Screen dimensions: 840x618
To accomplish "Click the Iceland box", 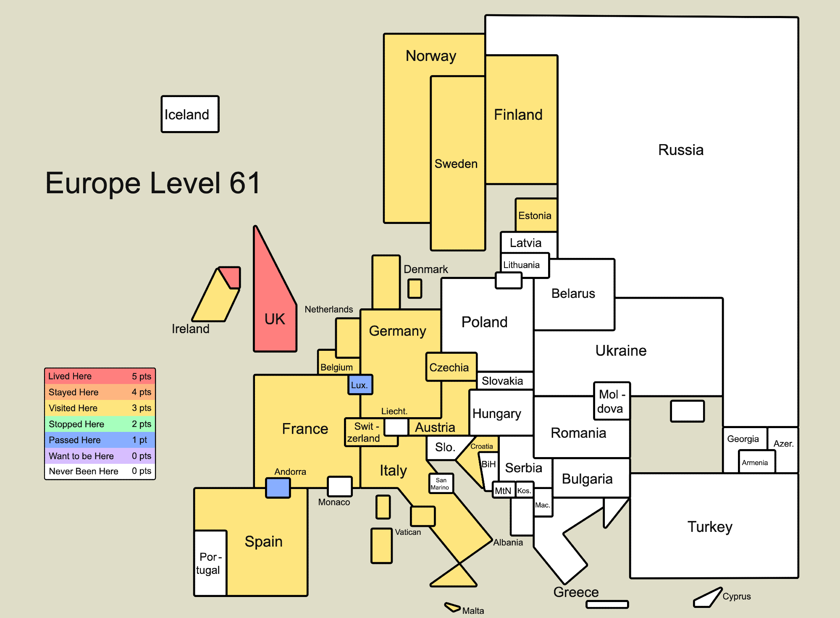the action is tap(190, 114).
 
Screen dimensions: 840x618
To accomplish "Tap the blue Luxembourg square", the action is tap(360, 384).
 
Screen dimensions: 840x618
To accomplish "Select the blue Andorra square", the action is tap(278, 488).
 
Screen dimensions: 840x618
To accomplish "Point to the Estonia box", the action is tap(536, 215).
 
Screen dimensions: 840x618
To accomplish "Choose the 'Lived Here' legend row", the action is tap(100, 376).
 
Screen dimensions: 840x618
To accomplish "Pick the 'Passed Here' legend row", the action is tap(100, 440).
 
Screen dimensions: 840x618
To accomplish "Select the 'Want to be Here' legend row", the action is tap(100, 456).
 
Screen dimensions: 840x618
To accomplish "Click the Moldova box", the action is tap(612, 401).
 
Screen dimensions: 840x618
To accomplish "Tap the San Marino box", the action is tap(441, 483).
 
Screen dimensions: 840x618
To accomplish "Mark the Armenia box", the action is tap(757, 462).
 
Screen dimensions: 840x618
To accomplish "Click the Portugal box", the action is tap(210, 563).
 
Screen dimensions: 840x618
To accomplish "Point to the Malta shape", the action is tap(453, 607).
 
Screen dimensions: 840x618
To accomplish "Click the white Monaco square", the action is tap(340, 486).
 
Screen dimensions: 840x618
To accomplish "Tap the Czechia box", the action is tap(451, 367).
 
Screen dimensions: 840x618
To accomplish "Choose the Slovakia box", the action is tap(505, 381).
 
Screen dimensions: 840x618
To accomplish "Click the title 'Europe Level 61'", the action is tap(153, 183).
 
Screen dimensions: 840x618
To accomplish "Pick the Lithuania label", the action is tap(521, 265).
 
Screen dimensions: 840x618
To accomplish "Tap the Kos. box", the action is tap(524, 490).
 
